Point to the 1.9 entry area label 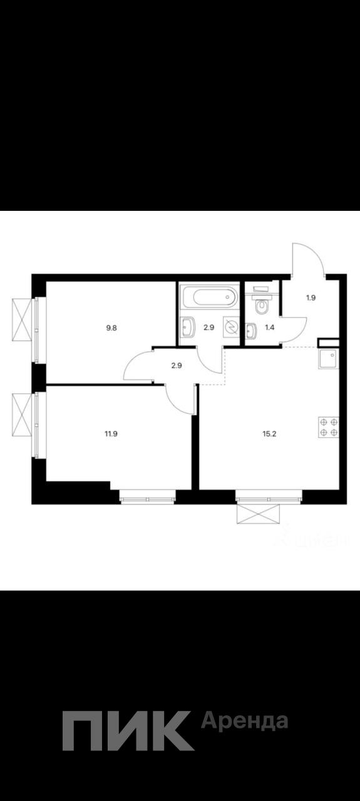(x=311, y=297)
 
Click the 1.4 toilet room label (x=270, y=327)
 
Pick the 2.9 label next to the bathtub (x=208, y=327)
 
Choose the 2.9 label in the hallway (x=176, y=366)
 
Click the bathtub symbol (x=209, y=297)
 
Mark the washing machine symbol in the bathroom (x=230, y=327)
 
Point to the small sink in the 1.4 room (x=251, y=330)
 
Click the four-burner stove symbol (x=329, y=427)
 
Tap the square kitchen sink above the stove (x=329, y=359)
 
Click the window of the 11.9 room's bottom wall (x=147, y=498)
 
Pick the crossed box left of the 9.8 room (x=23, y=320)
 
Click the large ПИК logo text (x=128, y=730)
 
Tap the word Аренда (x=244, y=722)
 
